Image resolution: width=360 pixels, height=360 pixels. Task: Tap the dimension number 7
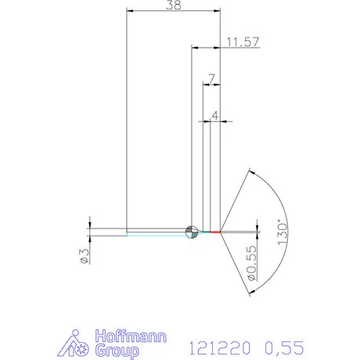(x=211, y=78)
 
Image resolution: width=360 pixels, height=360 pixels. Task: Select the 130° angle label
(x=283, y=231)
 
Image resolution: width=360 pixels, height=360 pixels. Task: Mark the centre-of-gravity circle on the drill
(x=190, y=231)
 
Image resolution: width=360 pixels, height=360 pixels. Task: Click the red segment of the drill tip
(x=217, y=232)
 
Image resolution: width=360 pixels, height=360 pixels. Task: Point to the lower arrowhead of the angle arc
(x=250, y=292)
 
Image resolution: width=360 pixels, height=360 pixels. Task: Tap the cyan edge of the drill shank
(x=157, y=234)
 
